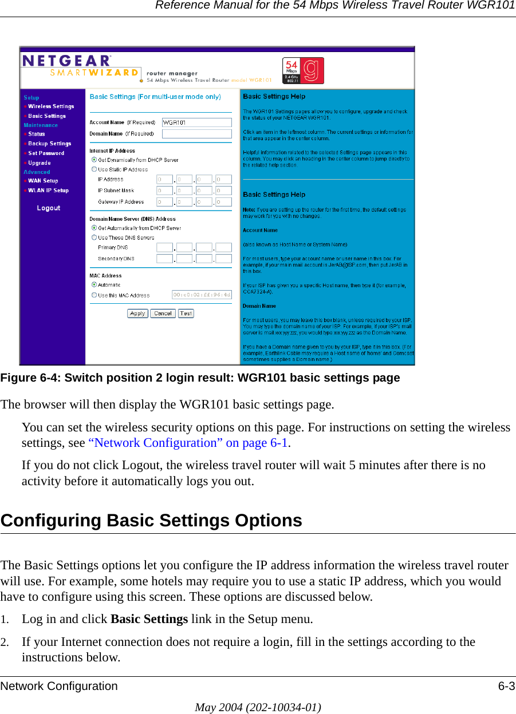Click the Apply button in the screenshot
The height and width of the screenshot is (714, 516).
137,314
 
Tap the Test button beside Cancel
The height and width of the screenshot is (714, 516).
186,314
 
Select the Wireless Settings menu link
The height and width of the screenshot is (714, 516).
51,106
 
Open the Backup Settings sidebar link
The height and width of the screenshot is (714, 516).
50,144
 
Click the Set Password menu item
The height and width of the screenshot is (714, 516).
46,153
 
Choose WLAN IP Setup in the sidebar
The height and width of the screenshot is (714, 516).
48,191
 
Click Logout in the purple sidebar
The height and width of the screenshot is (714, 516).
49,208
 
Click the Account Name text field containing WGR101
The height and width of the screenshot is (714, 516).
196,122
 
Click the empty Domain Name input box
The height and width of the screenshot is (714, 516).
196,134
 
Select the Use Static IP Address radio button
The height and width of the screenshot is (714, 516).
94,169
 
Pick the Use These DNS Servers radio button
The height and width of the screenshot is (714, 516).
94,237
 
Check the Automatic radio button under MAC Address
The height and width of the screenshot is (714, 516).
94,284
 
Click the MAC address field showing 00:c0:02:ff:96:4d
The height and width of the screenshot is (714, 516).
202,295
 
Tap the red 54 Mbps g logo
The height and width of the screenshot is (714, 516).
303,70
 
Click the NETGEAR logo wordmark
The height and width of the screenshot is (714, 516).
66,61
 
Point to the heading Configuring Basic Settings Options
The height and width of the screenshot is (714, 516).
152,521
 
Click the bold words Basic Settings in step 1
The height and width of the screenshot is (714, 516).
149,619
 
